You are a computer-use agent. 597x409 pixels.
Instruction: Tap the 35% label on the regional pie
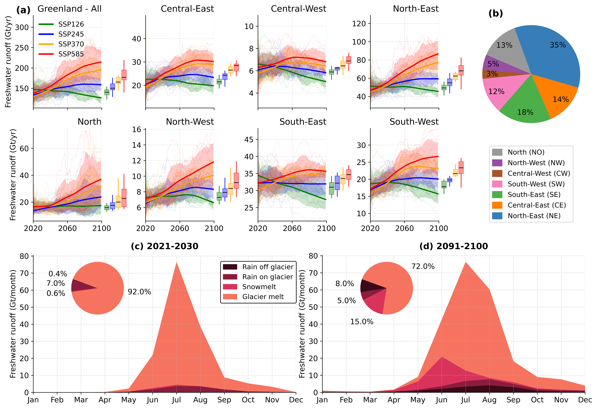coord(558,45)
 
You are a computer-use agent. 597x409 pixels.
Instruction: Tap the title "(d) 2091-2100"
coord(453,246)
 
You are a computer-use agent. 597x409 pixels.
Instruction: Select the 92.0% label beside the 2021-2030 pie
coord(139,292)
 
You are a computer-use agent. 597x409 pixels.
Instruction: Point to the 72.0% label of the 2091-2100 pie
coord(423,266)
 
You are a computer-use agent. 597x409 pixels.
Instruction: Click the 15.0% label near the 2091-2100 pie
coord(362,322)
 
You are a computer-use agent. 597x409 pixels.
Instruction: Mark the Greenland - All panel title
coord(69,9)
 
